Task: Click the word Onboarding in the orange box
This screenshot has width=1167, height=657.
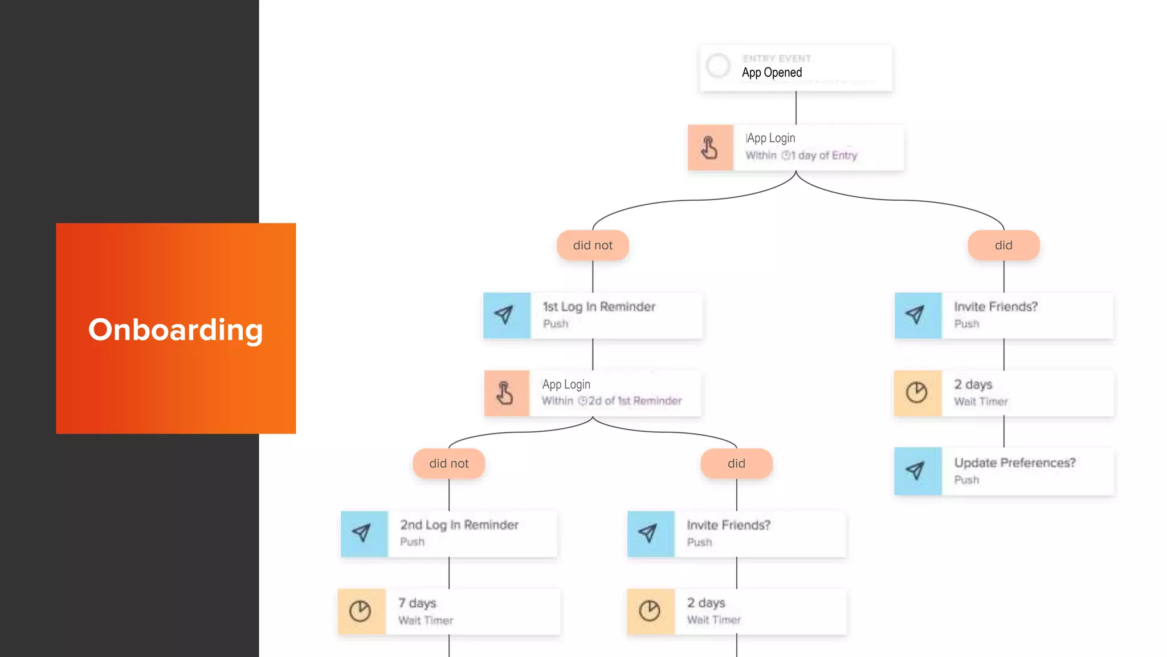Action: click(x=176, y=330)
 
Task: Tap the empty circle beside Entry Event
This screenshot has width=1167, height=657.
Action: click(x=718, y=66)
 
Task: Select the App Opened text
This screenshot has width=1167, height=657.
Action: click(x=772, y=72)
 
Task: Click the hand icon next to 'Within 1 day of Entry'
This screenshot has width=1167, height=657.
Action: click(x=710, y=148)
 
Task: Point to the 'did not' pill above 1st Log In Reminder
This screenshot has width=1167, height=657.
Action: click(x=593, y=245)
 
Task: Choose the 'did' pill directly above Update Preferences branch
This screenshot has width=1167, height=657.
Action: click(x=1003, y=245)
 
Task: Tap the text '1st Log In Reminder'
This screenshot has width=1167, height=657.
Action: click(x=599, y=307)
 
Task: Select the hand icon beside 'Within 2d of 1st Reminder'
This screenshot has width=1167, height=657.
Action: click(x=506, y=394)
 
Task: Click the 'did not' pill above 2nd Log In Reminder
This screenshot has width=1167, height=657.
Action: click(x=449, y=464)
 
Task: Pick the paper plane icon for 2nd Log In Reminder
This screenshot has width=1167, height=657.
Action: click(x=364, y=534)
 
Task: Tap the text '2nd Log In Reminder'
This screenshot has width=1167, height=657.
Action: click(x=459, y=525)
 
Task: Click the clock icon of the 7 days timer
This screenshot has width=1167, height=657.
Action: click(x=361, y=611)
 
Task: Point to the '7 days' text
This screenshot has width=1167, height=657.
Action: click(x=417, y=603)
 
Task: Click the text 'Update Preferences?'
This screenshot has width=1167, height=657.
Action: click(x=1015, y=463)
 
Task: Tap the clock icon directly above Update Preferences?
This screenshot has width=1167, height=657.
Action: click(x=917, y=393)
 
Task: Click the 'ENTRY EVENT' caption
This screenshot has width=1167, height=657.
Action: click(x=777, y=58)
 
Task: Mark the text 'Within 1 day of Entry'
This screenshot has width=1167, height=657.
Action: click(x=801, y=155)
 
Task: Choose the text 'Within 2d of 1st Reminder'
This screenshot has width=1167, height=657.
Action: click(x=611, y=401)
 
